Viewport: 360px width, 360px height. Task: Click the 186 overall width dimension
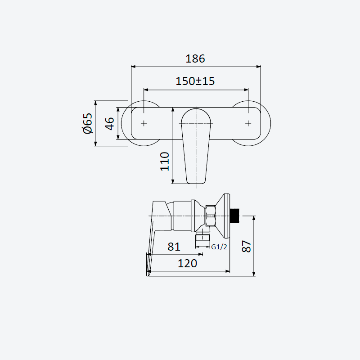pyautogui.click(x=195, y=59)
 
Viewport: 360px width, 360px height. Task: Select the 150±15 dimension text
pyautogui.click(x=195, y=81)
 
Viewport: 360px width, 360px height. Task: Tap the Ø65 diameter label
pyautogui.click(x=87, y=123)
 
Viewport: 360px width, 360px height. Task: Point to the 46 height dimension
pyautogui.click(x=109, y=123)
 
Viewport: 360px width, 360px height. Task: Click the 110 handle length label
pyautogui.click(x=164, y=161)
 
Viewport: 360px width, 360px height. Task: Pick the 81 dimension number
pyautogui.click(x=174, y=247)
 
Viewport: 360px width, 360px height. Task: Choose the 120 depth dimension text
pyautogui.click(x=187, y=263)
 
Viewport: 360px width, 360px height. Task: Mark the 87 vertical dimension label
pyautogui.click(x=246, y=246)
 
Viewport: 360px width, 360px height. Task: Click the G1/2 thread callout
pyautogui.click(x=219, y=247)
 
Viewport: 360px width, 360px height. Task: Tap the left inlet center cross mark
pyautogui.click(x=144, y=123)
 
